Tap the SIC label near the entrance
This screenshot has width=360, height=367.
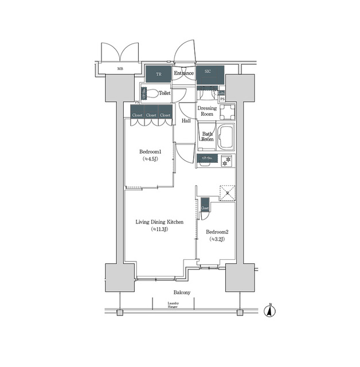pos(208,72)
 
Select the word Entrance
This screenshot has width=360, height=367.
pos(183,73)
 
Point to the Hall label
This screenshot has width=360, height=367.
pos(186,121)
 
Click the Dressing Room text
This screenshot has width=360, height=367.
pos(207,111)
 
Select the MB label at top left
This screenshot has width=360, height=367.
pos(120,69)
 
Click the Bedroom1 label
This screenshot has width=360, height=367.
pos(150,152)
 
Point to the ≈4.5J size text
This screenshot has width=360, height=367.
pos(150,159)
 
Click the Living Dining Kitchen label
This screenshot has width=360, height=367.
pos(159,222)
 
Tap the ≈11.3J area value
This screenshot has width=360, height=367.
pos(159,229)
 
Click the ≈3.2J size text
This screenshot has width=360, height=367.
pos(216,240)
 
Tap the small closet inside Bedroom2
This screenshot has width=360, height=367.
pos(205,208)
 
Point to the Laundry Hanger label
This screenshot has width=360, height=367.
pos(173,305)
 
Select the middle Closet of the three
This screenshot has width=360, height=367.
pos(151,115)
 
